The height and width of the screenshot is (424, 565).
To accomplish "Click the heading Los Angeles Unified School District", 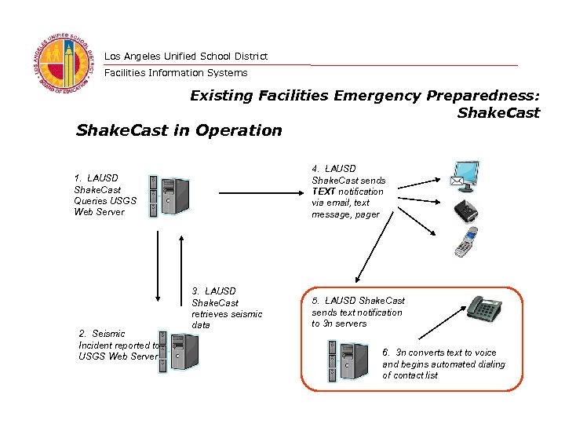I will pos(185,56).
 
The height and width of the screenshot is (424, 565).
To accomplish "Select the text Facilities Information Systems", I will pos(176,73).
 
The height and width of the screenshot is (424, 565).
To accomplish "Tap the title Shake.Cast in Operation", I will pos(178,130).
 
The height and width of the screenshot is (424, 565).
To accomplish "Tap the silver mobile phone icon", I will pos(468,242).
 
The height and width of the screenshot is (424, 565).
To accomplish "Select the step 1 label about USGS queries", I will pos(105,195).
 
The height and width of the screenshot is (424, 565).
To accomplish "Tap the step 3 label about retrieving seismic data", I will pos(226,308).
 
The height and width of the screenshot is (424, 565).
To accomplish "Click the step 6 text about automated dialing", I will pos(443,364).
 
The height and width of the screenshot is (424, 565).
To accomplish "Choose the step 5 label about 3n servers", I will pos(358,312).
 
